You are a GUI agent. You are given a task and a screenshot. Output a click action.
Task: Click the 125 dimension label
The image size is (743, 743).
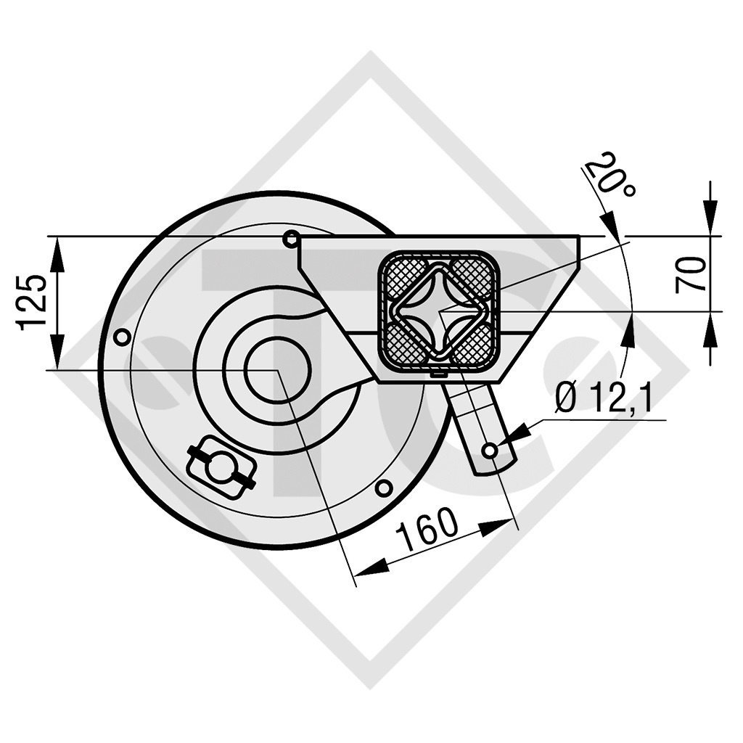tap(33, 302)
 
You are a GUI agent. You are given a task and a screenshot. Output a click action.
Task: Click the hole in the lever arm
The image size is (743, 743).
tap(490, 451)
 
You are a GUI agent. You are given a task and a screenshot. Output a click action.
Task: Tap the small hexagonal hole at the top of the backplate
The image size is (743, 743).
tap(291, 238)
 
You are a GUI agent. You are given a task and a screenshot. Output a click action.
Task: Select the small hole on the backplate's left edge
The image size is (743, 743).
tap(123, 337)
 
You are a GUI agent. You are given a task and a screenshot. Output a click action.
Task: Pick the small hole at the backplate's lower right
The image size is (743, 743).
tap(385, 488)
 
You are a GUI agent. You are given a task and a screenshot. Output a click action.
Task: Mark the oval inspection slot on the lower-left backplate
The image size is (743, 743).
tap(221, 467)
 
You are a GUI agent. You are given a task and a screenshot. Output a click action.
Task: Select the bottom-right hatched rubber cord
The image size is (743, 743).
tap(476, 347)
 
